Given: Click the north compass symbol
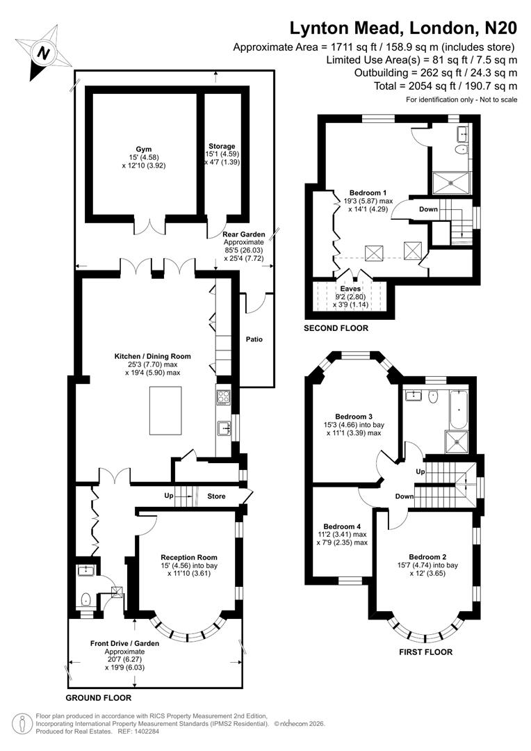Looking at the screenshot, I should [44, 51].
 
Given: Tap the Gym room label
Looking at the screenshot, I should [143, 149].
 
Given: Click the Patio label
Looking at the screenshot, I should [254, 340].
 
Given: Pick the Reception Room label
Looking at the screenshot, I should [188, 557].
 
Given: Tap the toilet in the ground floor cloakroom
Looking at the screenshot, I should [85, 597].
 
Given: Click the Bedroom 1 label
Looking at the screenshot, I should [368, 192].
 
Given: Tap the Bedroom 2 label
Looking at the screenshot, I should [427, 557].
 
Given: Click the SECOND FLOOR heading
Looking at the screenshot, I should [336, 328].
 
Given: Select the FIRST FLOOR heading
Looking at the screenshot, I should [425, 652].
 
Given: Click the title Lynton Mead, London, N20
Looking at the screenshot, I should [403, 29].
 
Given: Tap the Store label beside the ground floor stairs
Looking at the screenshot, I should [217, 496].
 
